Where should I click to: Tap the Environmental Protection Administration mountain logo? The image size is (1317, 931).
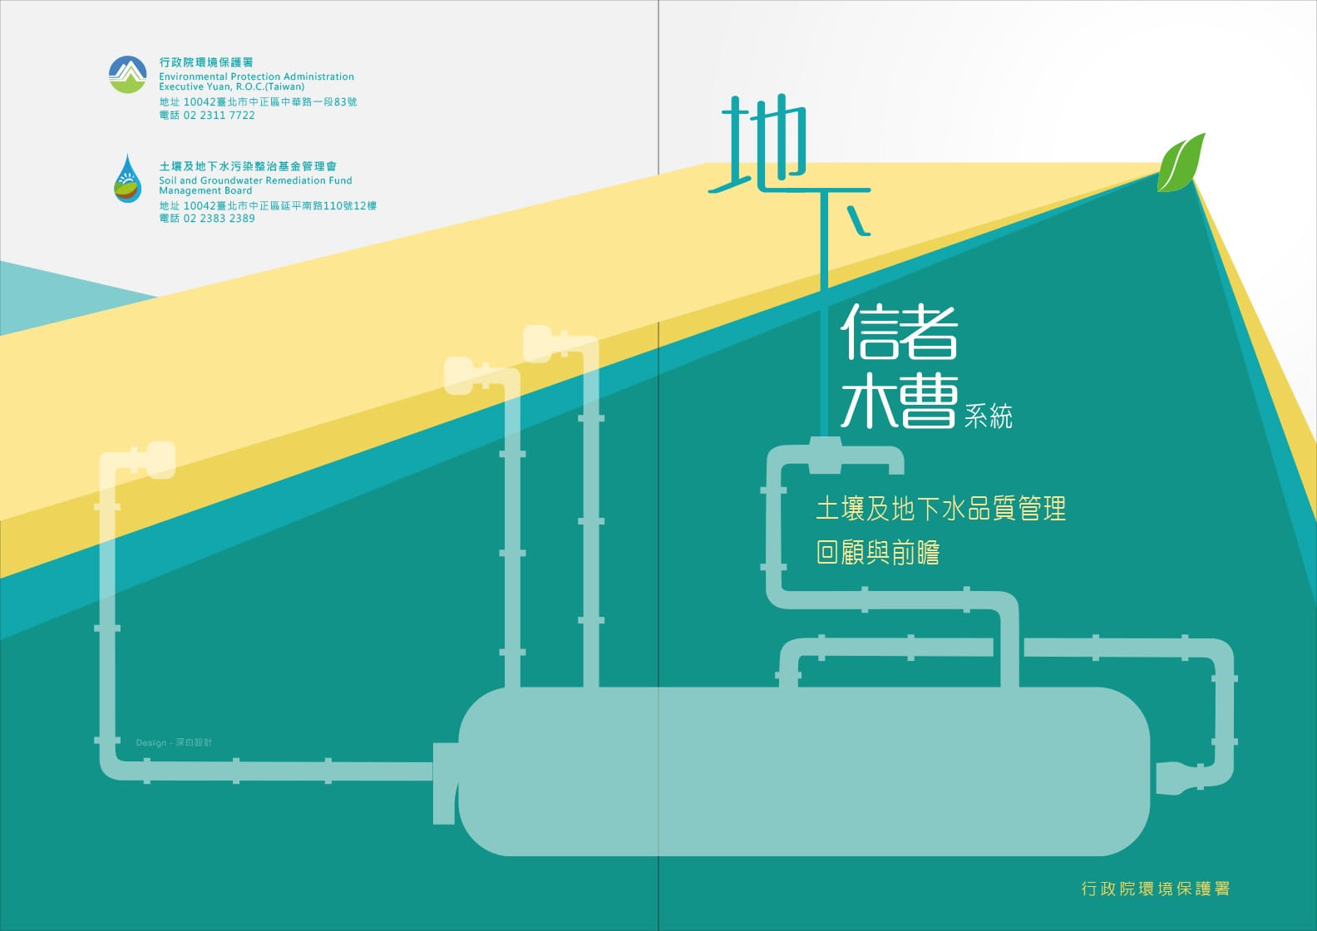[x=127, y=75]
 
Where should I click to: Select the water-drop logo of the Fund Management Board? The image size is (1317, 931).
[x=127, y=179]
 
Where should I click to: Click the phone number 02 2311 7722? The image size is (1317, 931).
[x=219, y=116]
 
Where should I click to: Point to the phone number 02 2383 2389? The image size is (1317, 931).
[x=219, y=218]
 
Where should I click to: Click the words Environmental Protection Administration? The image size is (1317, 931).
[x=256, y=76]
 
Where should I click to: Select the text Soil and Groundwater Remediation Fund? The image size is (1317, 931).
[x=255, y=180]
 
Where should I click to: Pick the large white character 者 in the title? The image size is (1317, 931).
[x=928, y=332]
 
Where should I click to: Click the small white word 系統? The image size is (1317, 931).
[x=989, y=416]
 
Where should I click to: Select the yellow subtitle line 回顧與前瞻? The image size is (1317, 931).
[x=878, y=553]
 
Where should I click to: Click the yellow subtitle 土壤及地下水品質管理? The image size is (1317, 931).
[x=940, y=509]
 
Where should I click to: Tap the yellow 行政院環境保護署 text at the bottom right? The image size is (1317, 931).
[x=1156, y=888]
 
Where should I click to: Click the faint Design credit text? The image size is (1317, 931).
[x=174, y=742]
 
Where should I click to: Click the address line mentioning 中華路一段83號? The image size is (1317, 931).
[x=258, y=101]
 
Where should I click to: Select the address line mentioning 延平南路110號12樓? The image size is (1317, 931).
[x=268, y=205]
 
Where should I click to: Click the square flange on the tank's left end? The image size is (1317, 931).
[x=446, y=784]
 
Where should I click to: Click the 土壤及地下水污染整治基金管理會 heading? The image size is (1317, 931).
[x=248, y=166]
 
